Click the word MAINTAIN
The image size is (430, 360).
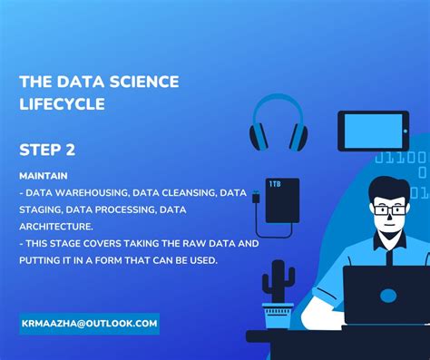coord(44,175)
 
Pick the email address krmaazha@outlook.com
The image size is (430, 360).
coord(89,324)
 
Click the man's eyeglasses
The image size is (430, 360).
coord(388,209)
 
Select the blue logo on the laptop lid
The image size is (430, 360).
coord(387,296)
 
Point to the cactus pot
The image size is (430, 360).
coord(278,315)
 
